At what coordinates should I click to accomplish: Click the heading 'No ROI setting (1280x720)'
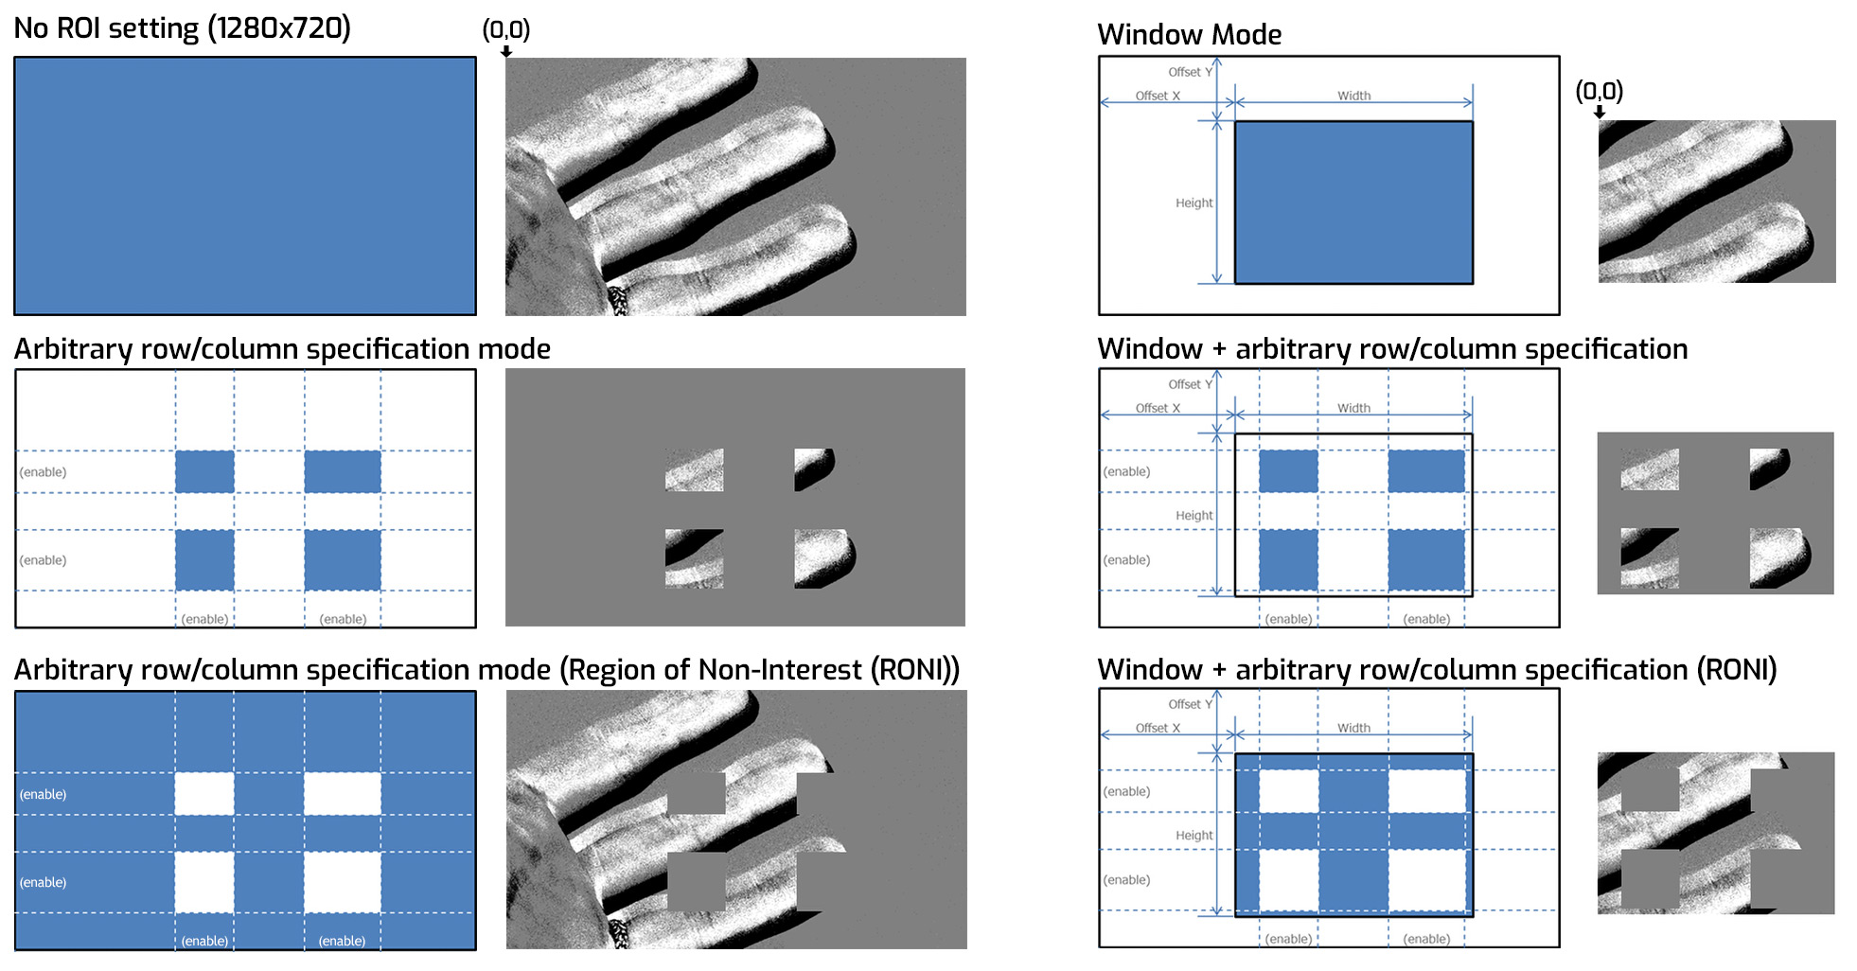tap(182, 28)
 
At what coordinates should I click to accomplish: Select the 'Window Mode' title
tap(1189, 35)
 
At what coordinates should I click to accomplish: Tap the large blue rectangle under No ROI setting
tap(245, 185)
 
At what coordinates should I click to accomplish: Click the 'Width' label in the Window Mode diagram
tap(1353, 96)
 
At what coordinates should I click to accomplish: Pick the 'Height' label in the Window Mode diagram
tap(1194, 203)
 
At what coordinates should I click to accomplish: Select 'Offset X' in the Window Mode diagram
tap(1158, 96)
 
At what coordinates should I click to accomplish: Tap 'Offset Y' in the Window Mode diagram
tap(1190, 72)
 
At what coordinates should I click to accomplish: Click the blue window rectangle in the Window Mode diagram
tap(1353, 203)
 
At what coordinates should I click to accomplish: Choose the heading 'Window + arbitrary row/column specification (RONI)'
tap(1437, 670)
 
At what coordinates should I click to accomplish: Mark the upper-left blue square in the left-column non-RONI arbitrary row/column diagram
tap(204, 471)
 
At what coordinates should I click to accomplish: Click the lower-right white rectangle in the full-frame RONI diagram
tap(343, 882)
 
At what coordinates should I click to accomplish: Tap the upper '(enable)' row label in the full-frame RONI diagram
tap(43, 794)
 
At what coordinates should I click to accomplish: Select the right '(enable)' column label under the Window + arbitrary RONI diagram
tap(1426, 939)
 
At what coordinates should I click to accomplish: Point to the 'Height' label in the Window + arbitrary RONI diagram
tap(1194, 836)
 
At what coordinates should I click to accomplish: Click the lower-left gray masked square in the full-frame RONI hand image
tap(697, 881)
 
